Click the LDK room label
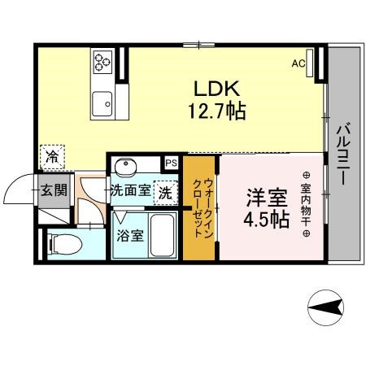pos(217,89)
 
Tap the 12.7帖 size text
pos(217,111)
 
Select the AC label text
pos(298,63)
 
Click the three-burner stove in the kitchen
pos(102,62)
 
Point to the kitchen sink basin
pos(102,104)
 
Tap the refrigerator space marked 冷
pos(52,157)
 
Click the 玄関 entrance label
pos(54,190)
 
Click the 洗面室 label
pos(131,190)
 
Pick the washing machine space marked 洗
pos(166,193)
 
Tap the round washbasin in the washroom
pos(125,166)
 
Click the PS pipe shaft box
pos(172,163)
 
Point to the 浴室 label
pos(130,236)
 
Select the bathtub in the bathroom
pos(163,235)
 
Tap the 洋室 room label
pos(267,198)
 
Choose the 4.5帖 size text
pos(267,219)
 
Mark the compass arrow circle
pos(325,307)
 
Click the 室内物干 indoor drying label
pos(306,205)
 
